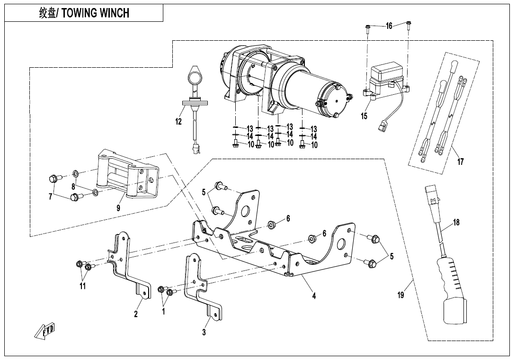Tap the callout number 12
(178, 122)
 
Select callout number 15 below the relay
(364, 117)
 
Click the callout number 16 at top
(389, 26)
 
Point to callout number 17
(461, 162)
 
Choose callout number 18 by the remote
(456, 223)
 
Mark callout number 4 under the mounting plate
(313, 296)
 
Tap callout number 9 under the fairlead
(118, 207)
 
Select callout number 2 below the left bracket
(136, 314)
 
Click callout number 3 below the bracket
(204, 333)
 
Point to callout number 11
(82, 286)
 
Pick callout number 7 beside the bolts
(50, 197)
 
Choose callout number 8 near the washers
(73, 186)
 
